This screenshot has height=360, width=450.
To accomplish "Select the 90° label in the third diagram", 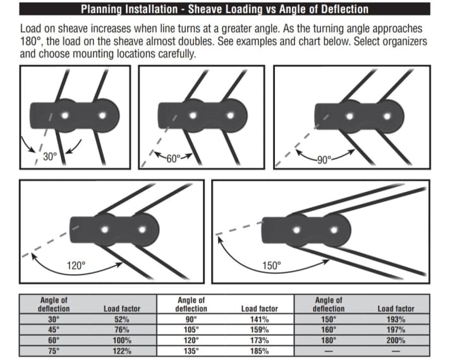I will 324,159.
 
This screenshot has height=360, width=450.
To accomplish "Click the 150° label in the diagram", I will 271,265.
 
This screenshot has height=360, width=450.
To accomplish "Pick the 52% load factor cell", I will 121,320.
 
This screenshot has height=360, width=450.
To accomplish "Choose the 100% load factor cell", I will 121,340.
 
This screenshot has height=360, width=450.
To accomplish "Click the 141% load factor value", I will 259,320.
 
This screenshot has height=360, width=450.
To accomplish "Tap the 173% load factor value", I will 259,340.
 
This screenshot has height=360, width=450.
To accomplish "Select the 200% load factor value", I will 396,340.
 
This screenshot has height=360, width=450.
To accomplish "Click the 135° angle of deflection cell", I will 190,350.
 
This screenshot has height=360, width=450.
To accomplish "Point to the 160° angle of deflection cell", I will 329,330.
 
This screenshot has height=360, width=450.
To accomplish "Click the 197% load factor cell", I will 396,330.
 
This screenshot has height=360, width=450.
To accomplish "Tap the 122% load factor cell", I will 121,350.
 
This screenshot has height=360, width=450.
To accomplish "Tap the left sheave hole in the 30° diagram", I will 65,114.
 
